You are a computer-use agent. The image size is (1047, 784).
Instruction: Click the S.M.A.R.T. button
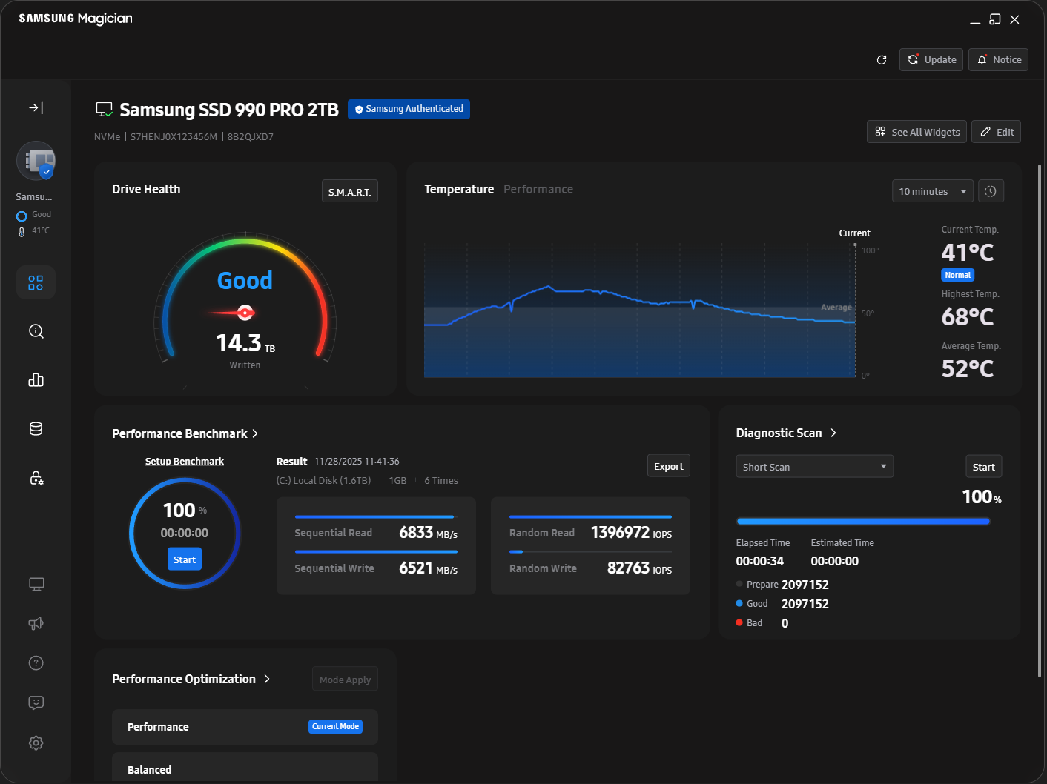coord(349,191)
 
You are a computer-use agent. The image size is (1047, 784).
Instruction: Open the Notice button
coord(999,60)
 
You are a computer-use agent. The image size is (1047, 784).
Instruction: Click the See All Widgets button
coord(916,132)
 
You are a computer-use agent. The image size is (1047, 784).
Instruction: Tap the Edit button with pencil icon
coord(996,132)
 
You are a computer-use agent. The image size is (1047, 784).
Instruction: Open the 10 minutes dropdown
coord(932,191)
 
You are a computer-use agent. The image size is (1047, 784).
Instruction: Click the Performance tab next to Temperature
coord(538,190)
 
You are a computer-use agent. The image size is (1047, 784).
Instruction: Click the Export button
coord(668,466)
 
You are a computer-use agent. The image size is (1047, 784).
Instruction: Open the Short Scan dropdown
coord(814,467)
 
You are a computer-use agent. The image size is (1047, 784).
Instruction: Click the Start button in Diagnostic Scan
coord(983,467)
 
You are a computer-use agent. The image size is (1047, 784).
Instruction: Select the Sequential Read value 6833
coord(416,533)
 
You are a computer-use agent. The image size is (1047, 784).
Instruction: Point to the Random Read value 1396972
coord(620,533)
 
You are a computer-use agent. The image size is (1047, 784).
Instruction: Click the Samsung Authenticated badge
coord(409,109)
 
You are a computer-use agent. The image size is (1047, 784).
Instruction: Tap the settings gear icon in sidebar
coord(36,743)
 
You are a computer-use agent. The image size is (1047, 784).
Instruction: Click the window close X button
coord(1014,20)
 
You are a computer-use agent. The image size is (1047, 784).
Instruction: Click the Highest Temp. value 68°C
coord(967,317)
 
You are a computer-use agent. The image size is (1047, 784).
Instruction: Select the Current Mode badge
coord(335,727)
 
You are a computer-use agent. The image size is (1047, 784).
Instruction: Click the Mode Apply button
coord(345,680)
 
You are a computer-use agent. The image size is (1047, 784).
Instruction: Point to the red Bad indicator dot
coord(739,622)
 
